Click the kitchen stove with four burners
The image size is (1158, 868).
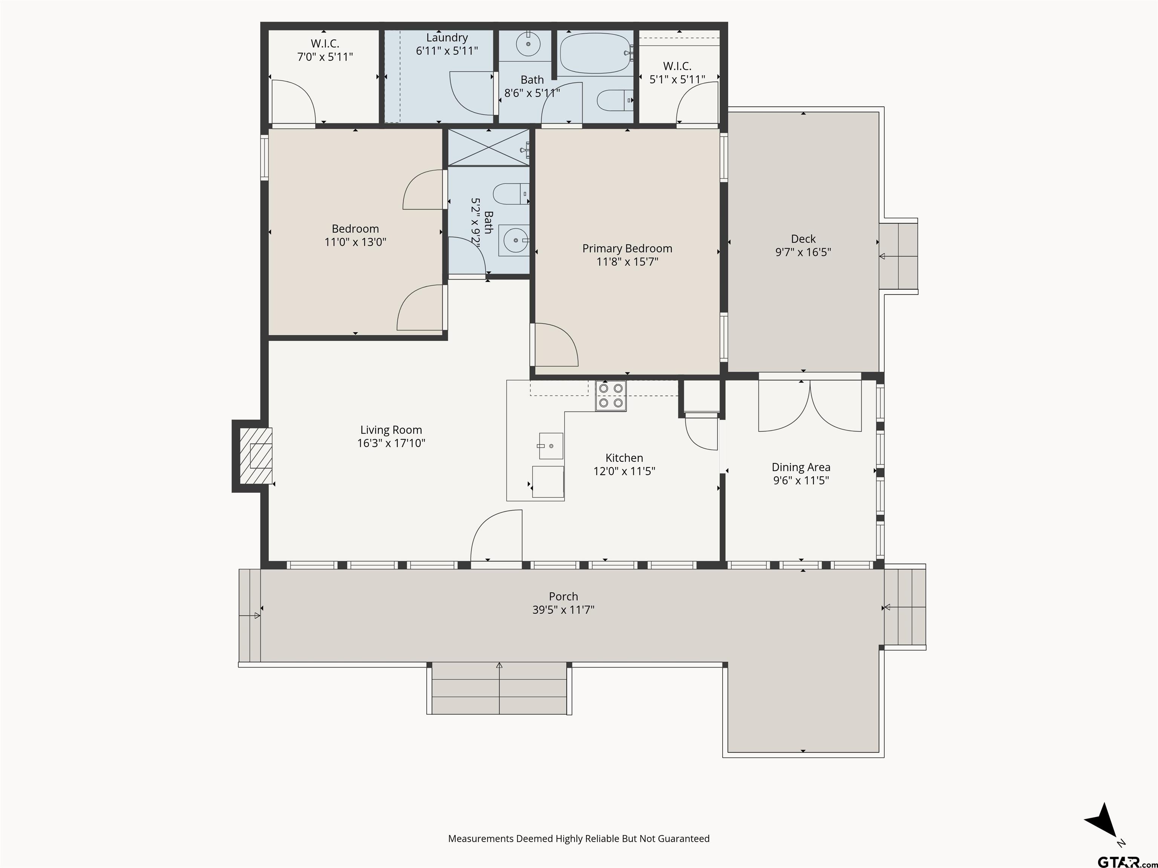click(611, 396)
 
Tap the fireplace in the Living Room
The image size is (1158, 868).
click(256, 456)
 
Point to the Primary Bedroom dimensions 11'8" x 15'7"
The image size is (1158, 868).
click(627, 261)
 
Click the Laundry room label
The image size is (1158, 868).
click(447, 38)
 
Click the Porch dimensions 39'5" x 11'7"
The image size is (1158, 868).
click(563, 610)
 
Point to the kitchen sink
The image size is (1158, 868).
click(551, 446)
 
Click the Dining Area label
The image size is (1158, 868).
click(801, 467)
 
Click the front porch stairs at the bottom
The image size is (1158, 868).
click(499, 688)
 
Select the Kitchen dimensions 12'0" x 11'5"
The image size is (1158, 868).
click(624, 471)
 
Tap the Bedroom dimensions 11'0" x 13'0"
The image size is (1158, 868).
click(355, 242)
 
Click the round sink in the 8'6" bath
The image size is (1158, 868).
click(529, 44)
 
